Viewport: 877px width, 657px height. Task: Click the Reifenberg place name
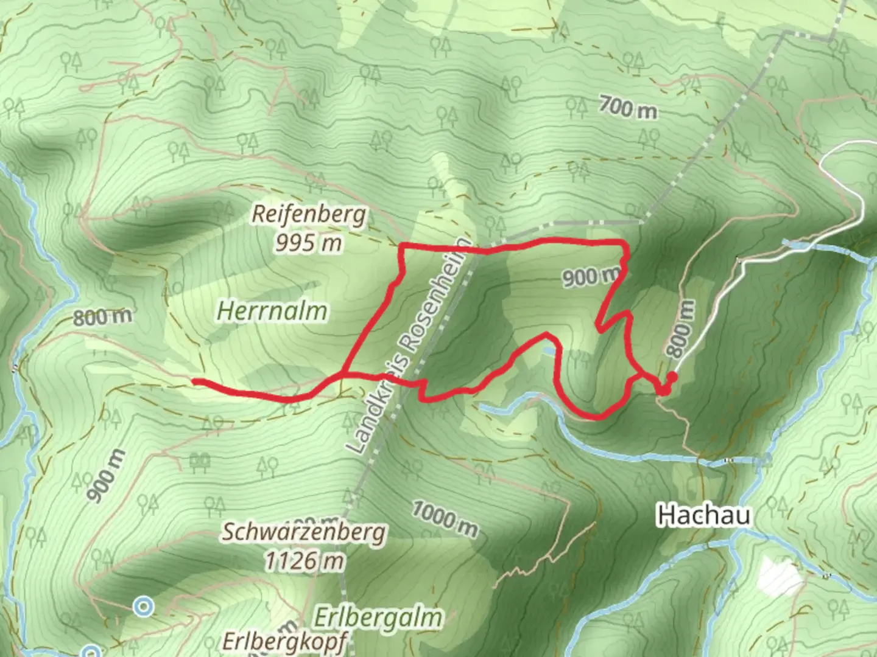point(309,214)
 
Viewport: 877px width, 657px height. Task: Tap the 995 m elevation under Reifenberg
point(308,243)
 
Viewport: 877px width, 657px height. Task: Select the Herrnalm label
point(272,311)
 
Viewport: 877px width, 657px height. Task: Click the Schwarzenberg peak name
point(303,532)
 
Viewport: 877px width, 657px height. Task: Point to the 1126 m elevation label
point(304,560)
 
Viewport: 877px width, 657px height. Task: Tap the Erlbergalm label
point(378,618)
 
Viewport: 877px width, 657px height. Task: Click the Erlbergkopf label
point(285,641)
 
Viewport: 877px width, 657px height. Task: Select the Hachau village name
point(704,516)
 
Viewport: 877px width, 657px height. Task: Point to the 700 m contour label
point(627,108)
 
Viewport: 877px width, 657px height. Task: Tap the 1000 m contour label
point(445,518)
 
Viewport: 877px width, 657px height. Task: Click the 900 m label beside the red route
point(589,277)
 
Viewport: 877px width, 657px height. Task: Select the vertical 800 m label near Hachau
point(680,329)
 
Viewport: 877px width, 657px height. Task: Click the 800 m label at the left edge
point(102,317)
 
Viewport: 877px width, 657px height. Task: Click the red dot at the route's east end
point(672,377)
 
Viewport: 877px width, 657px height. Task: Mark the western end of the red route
point(195,381)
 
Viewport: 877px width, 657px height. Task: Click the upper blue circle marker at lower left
point(144,606)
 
